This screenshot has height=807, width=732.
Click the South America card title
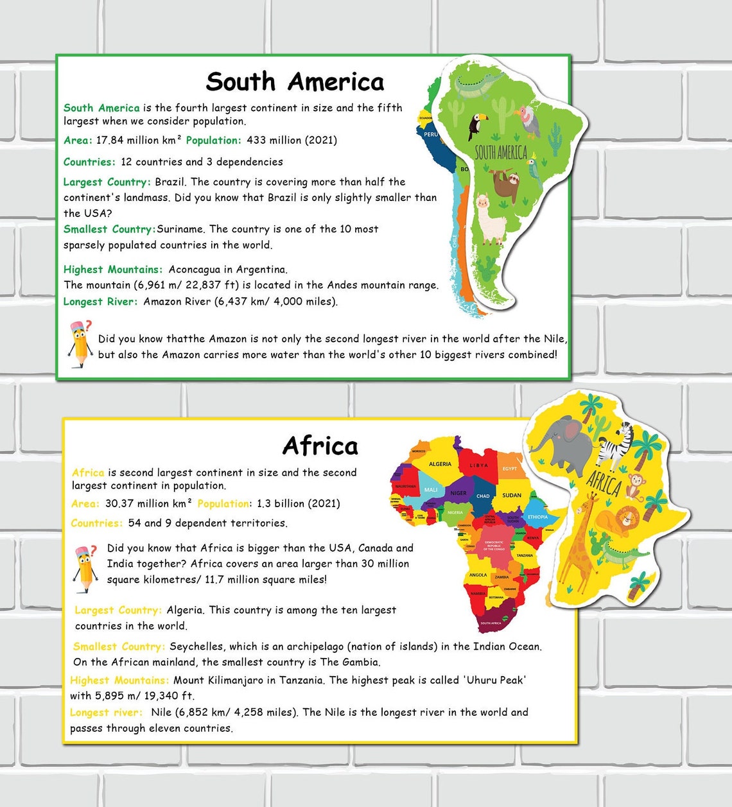[x=295, y=82]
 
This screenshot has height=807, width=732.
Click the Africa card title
[x=320, y=446]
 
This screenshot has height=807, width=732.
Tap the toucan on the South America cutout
[x=476, y=125]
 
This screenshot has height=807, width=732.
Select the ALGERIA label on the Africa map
[x=440, y=464]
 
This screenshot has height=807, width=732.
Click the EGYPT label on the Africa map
[x=510, y=469]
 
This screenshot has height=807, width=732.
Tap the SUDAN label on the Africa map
[x=512, y=495]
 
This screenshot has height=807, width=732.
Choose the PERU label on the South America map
[x=431, y=134]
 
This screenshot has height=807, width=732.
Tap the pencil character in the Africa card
[x=85, y=568]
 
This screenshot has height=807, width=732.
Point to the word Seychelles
[x=196, y=646]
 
